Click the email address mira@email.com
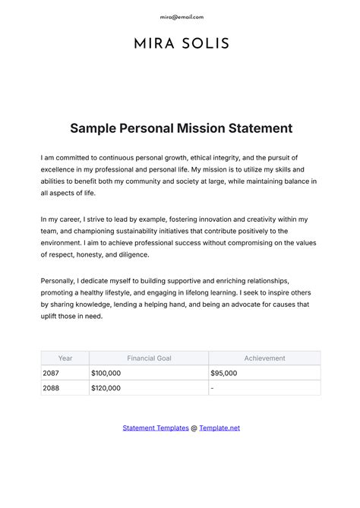click(x=181, y=17)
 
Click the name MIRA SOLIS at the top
click(x=181, y=43)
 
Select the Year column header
click(x=65, y=358)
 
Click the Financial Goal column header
click(x=149, y=358)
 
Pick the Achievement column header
click(x=264, y=358)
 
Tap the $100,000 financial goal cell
click(x=106, y=373)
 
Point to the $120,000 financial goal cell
click(x=106, y=388)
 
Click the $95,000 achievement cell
click(x=223, y=373)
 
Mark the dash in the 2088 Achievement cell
click(x=212, y=388)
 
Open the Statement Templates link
click(x=156, y=428)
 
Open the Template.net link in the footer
click(x=219, y=428)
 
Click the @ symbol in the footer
click(x=194, y=428)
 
